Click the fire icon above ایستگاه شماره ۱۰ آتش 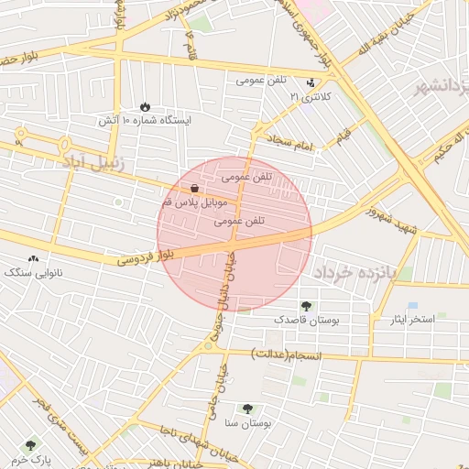[146, 106]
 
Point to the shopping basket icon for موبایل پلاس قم [195, 188]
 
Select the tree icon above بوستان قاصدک [306, 306]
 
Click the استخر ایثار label [412, 319]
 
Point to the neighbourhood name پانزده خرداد [348, 272]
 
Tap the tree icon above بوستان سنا [247, 409]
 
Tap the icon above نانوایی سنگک [34, 259]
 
